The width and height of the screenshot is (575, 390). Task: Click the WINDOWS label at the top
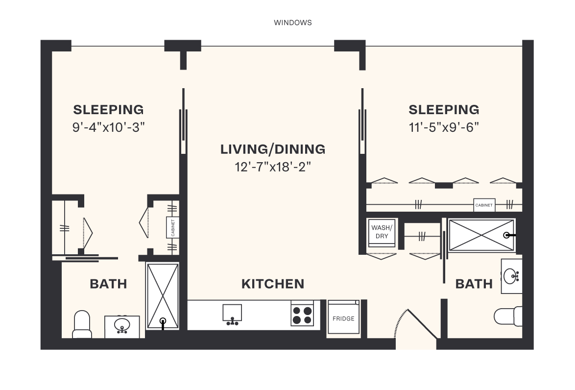[x=292, y=23]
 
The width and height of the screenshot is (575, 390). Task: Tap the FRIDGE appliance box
[x=343, y=317]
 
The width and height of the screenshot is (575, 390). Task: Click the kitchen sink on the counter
[x=232, y=314]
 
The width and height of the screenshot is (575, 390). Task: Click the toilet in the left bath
[x=82, y=324]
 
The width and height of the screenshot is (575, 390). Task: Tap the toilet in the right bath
[x=509, y=315]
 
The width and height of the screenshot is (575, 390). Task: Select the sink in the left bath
[x=122, y=326]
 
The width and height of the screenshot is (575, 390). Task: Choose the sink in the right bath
[x=511, y=276]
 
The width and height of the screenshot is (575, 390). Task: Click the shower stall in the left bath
[x=163, y=295]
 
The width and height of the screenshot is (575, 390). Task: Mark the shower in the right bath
[x=481, y=236]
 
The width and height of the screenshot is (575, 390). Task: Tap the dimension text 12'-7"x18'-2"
[x=273, y=167]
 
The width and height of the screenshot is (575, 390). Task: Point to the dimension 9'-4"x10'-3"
[x=108, y=127]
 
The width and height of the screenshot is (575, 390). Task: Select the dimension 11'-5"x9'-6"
[x=444, y=127]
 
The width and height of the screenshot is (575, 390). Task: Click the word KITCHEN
[x=273, y=284]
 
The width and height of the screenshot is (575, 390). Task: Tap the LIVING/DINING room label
[x=273, y=149]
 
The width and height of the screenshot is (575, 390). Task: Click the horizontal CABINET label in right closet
[x=484, y=205]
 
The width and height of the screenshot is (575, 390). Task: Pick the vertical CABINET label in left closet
[x=172, y=228]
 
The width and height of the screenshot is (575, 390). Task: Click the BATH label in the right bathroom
[x=474, y=284]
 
